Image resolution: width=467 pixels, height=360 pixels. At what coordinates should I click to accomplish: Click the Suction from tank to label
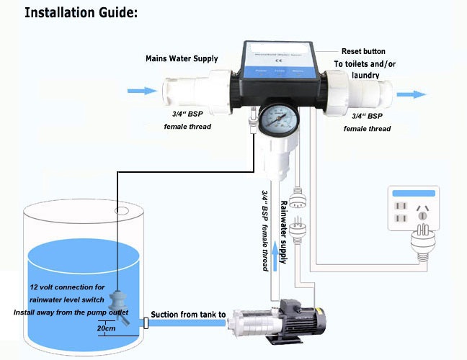(x=188, y=315)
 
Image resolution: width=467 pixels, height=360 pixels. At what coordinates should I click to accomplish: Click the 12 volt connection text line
(x=67, y=287)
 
